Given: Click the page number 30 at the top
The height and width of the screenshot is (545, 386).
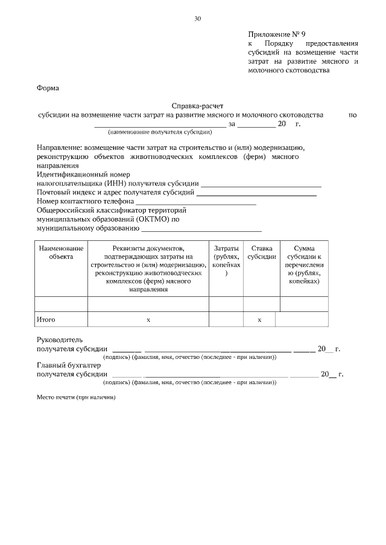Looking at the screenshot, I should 197,19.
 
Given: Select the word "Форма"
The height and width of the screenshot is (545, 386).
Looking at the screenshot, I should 48,88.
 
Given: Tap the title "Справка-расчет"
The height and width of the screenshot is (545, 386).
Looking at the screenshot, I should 197,105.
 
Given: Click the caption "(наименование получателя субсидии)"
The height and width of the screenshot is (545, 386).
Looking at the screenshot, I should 160,131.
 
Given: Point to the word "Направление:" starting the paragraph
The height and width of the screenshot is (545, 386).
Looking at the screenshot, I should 59,148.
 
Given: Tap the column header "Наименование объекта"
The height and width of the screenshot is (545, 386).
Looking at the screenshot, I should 60,252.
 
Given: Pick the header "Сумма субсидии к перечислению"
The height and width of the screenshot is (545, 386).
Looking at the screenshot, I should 304,265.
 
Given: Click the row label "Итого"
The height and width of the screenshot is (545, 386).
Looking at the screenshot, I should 46,320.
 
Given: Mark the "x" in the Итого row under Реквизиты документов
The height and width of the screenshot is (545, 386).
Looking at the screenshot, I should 148,320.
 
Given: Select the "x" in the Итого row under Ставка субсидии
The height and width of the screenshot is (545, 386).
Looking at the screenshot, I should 259,320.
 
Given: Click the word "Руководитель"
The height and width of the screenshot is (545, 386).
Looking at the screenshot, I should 63,340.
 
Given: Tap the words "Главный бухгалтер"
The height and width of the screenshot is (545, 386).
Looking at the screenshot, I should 69,365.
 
